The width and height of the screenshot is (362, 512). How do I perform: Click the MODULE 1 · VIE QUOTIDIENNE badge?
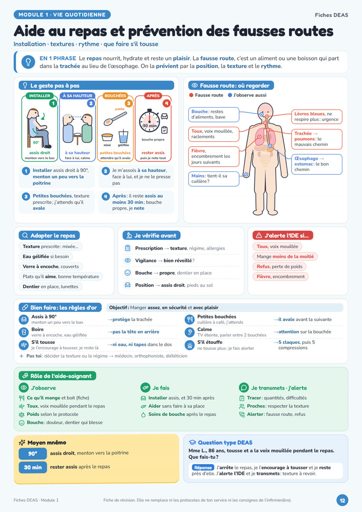pyautogui.click(x=62, y=15)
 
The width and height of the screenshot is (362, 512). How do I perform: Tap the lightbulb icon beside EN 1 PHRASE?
pyautogui.click(x=28, y=62)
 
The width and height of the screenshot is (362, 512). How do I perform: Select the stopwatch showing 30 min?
pyautogui.click(x=149, y=121)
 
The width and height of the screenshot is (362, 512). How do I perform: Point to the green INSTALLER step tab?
pyautogui.click(x=40, y=96)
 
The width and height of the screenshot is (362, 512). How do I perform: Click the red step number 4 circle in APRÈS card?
pyautogui.click(x=167, y=103)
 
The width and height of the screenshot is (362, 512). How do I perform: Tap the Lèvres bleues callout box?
pyautogui.click(x=316, y=117)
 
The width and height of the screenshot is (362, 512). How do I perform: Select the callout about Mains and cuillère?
pyautogui.click(x=213, y=179)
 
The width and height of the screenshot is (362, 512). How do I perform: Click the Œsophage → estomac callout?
pyautogui.click(x=316, y=164)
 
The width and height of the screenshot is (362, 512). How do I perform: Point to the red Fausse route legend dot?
pyautogui.click(x=191, y=95)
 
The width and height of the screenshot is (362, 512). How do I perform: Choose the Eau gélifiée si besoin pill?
pyautogui.click(x=46, y=257)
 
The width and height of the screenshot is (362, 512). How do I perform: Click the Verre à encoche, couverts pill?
pyautogui.click(x=50, y=266)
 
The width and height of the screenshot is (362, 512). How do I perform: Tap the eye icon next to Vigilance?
pyautogui.click(x=128, y=261)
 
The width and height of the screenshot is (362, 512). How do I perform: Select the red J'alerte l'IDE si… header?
pyautogui.click(x=282, y=235)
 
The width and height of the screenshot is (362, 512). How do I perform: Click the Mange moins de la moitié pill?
pyautogui.click(x=285, y=257)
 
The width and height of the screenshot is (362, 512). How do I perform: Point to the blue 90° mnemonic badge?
pyautogui.click(x=33, y=453)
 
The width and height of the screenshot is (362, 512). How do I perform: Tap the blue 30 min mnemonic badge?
pyautogui.click(x=33, y=467)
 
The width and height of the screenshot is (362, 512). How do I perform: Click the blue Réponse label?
pyautogui.click(x=203, y=468)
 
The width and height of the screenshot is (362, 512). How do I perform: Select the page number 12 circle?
pyautogui.click(x=342, y=500)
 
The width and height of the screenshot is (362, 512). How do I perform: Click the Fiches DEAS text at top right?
pyautogui.click(x=332, y=15)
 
